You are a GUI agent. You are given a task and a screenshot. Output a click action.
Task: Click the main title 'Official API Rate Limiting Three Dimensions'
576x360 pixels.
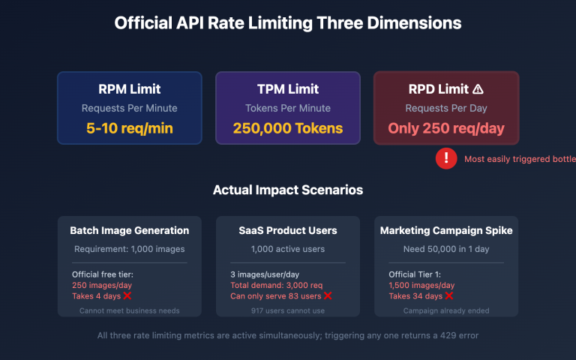click(288, 23)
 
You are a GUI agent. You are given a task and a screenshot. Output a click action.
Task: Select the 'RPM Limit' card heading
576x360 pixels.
click(130, 89)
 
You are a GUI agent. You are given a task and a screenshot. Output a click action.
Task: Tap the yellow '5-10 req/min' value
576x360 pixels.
click(130, 128)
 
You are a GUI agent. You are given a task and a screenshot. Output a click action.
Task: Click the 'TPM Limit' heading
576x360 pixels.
click(288, 89)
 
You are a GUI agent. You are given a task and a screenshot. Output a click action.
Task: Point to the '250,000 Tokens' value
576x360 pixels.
click(288, 128)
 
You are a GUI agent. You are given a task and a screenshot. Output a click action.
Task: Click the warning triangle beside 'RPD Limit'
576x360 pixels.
click(478, 89)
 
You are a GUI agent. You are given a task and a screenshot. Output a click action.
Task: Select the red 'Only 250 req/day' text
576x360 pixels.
click(446, 128)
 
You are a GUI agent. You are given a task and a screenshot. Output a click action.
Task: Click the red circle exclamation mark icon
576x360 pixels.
click(446, 158)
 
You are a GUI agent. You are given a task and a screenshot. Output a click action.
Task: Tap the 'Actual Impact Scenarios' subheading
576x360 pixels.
click(288, 190)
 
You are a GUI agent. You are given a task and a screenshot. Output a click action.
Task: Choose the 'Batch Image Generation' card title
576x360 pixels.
click(130, 230)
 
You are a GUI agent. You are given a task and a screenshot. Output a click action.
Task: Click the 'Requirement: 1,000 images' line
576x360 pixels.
click(130, 249)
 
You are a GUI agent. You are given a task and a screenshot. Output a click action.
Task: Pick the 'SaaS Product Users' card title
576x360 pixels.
click(288, 230)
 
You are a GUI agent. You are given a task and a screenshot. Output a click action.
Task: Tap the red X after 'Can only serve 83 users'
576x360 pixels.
click(327, 295)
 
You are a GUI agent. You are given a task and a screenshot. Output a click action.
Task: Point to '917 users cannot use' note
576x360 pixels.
click(288, 310)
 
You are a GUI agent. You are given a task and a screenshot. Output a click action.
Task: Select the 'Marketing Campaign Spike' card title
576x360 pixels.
click(446, 230)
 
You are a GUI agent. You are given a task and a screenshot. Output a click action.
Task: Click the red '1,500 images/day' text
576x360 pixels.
click(421, 285)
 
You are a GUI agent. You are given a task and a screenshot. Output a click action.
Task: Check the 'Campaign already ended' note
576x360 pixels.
click(446, 310)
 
